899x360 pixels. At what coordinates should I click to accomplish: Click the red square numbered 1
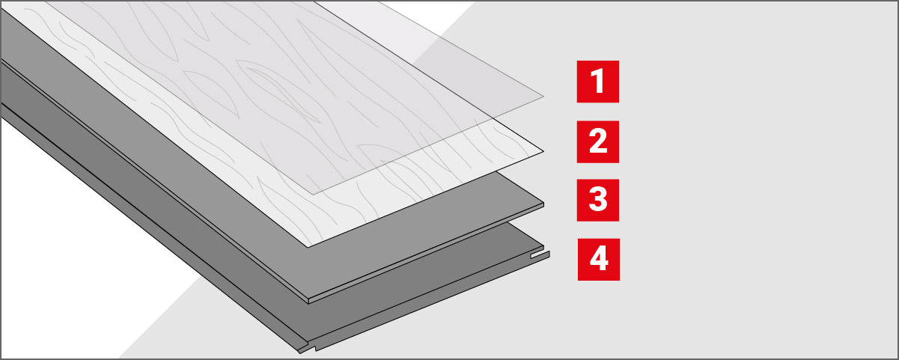pos(597,82)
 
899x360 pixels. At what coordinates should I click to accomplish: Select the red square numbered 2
pos(597,141)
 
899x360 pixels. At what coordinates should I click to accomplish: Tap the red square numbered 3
pos(597,201)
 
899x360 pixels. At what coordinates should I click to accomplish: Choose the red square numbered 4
pos(598,259)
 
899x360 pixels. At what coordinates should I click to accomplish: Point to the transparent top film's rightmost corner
pos(543,97)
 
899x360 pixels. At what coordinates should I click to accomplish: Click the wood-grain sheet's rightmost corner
pos(543,152)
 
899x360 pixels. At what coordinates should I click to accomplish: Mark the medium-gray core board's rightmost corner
pos(543,203)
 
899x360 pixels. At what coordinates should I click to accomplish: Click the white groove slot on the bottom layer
pos(540,254)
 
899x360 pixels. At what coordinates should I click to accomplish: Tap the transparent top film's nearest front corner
pos(313,195)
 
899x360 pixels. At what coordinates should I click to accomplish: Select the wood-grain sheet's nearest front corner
pos(308,247)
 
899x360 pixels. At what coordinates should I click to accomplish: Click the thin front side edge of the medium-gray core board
pos(426,253)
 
